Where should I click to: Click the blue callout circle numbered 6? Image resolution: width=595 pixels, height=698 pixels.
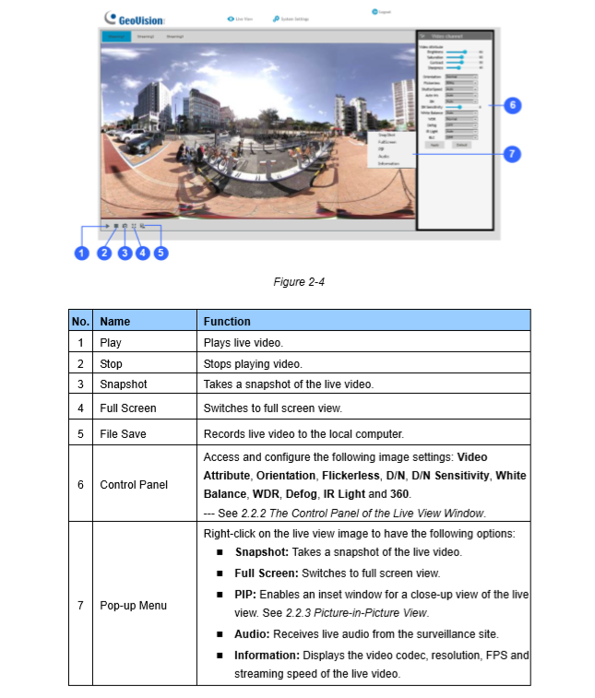point(514,105)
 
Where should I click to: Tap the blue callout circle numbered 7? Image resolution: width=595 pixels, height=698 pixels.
point(514,154)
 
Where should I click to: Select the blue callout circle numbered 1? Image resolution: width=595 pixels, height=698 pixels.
point(81,253)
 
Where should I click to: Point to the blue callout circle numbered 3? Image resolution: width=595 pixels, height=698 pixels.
point(125,253)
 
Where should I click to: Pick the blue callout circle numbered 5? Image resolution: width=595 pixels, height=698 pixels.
point(161,253)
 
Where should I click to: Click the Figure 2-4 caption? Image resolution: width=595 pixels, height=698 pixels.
point(298,282)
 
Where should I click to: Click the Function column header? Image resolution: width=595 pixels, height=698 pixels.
point(227,322)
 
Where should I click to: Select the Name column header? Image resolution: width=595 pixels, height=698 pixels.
point(115,322)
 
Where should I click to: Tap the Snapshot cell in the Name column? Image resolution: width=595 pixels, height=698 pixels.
point(124,384)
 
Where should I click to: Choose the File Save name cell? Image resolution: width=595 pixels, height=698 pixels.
point(124,432)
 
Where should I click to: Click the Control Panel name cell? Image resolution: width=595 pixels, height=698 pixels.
point(134,485)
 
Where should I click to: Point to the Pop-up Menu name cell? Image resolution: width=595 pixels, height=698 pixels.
point(135,605)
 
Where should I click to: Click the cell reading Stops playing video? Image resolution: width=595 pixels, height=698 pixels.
point(252,363)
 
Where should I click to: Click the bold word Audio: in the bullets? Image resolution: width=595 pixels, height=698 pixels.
point(251,635)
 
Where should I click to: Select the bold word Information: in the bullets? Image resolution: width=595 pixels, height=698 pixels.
point(265,656)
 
